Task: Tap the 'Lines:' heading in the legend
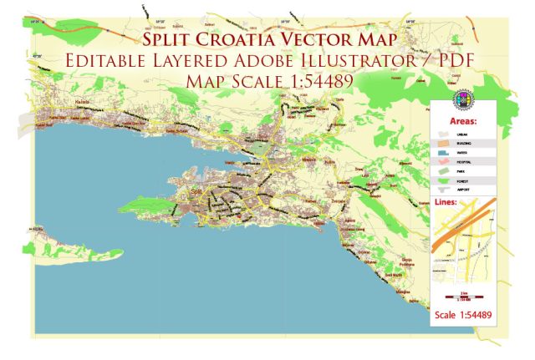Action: pos(449,201)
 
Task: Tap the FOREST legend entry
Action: pos(451,181)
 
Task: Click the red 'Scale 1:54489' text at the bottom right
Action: pos(464,314)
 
